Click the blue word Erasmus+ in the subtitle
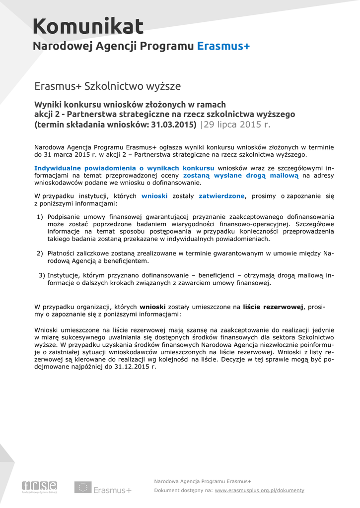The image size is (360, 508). click(223, 47)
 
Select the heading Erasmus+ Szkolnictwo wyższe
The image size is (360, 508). click(107, 86)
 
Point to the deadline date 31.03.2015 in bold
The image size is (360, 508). click(169, 125)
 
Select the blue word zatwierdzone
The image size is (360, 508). click(221, 196)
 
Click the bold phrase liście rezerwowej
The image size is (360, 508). click(273, 307)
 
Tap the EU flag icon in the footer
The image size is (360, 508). click(82, 487)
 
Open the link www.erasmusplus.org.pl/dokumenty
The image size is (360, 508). click(259, 490)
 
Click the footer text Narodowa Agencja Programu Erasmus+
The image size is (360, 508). click(203, 481)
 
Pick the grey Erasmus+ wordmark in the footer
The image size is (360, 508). click(112, 490)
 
